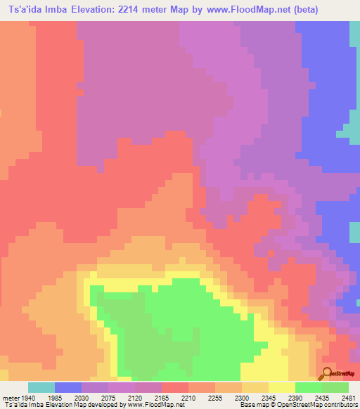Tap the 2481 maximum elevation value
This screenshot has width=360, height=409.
click(x=349, y=397)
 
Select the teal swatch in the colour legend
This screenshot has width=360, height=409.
click(x=41, y=387)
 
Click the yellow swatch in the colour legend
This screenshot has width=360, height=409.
click(x=281, y=387)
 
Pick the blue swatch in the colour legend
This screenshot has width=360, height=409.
click(x=68, y=387)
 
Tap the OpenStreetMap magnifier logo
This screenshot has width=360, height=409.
click(x=328, y=372)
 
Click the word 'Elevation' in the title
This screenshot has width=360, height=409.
click(x=94, y=10)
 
